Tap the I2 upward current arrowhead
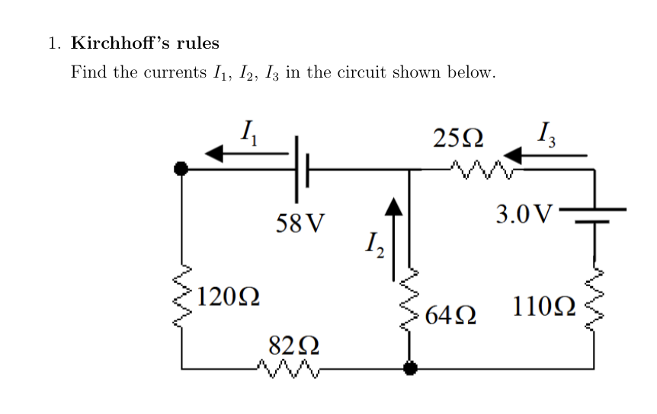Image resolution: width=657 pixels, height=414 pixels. (x=393, y=207)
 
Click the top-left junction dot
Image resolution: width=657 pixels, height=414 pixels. (x=181, y=169)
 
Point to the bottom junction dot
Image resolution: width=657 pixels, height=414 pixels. (x=410, y=369)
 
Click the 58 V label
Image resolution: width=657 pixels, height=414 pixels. (x=300, y=223)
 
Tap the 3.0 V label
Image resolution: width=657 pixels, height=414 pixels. (x=523, y=215)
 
